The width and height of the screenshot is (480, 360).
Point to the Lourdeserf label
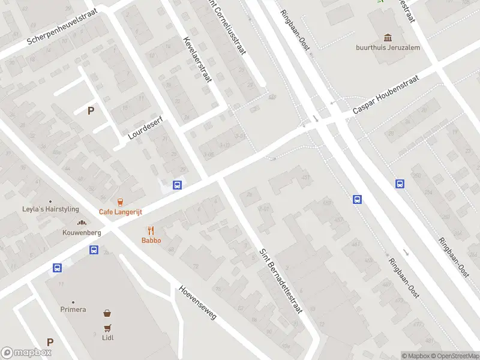pyautogui.click(x=145, y=128)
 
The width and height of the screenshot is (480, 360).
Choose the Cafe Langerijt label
pyautogui.click(x=119, y=212)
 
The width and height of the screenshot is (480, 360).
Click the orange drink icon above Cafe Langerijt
pyautogui.click(x=120, y=202)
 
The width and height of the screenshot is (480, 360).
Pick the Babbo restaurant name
pyautogui.click(x=151, y=241)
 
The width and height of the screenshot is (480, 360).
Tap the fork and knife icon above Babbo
pyautogui.click(x=151, y=230)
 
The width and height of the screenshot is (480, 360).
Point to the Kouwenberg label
pyautogui.click(x=82, y=232)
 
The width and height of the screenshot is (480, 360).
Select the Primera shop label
pyautogui.click(x=73, y=310)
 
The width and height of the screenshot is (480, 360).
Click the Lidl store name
pyautogui.click(x=108, y=337)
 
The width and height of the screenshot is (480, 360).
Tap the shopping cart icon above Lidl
pyautogui.click(x=108, y=328)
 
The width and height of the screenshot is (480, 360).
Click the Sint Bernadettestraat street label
pyautogui.click(x=281, y=280)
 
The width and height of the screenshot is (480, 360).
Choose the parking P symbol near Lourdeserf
pyautogui.click(x=91, y=110)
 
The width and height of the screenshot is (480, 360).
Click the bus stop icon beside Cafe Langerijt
pyautogui.click(x=177, y=185)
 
